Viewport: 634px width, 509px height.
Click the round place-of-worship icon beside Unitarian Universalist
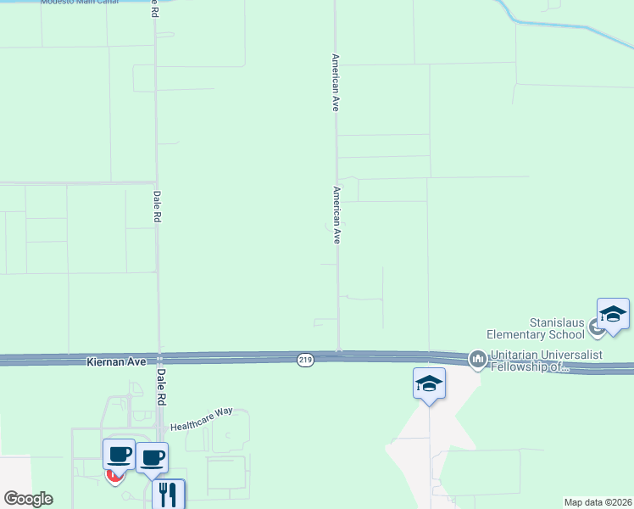click(x=477, y=360)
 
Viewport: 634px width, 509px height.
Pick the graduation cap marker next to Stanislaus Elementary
click(x=613, y=315)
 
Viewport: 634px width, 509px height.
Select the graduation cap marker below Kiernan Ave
click(x=429, y=384)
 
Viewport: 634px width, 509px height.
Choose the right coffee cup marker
click(x=152, y=458)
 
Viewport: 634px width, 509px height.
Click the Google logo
click(x=28, y=499)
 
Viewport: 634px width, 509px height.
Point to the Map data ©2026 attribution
click(x=597, y=502)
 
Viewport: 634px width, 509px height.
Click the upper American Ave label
click(x=336, y=83)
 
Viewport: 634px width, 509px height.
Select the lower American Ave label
click(x=336, y=215)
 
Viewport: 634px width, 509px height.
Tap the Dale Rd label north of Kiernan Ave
click(x=157, y=205)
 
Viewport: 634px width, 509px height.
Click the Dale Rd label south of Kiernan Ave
click(x=158, y=386)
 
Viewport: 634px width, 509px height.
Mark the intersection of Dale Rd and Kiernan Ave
click(x=158, y=360)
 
